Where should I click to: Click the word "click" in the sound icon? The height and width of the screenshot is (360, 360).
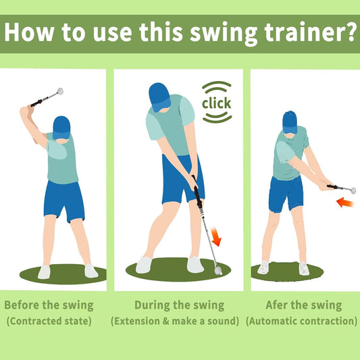click(x=216, y=103)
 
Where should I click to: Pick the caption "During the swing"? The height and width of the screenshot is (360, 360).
click(x=179, y=305)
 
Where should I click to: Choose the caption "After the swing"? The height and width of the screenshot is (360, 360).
click(x=303, y=305)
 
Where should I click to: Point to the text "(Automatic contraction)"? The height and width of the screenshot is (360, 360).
click(x=301, y=320)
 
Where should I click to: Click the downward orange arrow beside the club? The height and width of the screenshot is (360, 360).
click(x=217, y=237)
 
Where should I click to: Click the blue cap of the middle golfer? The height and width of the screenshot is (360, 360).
click(x=158, y=95)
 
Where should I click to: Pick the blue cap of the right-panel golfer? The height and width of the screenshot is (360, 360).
click(x=290, y=121)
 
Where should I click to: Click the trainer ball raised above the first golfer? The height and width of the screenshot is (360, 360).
click(x=59, y=91)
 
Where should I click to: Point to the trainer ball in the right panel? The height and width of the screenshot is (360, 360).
click(x=352, y=190)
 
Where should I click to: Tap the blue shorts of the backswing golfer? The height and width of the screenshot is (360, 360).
click(x=63, y=200)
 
